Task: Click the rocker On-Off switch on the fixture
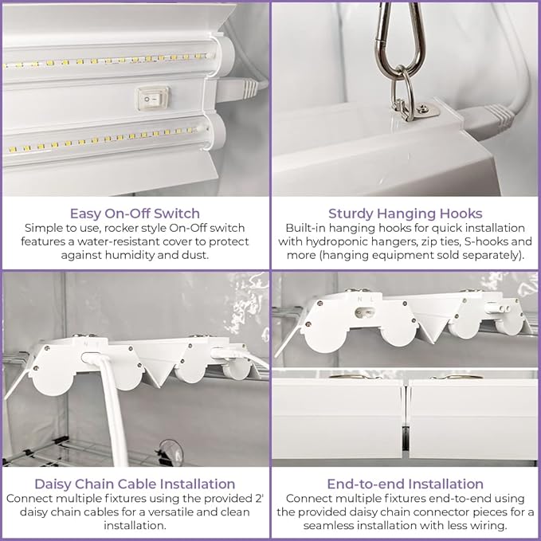click(x=153, y=98)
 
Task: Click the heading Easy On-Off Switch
click(x=135, y=214)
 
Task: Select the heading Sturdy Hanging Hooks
click(x=405, y=214)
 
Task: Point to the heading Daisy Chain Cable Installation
click(x=135, y=484)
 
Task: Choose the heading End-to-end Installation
click(x=405, y=484)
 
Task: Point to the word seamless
click(x=328, y=526)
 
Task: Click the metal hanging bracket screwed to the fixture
click(x=422, y=110)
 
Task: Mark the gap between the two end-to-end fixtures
click(x=406, y=419)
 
